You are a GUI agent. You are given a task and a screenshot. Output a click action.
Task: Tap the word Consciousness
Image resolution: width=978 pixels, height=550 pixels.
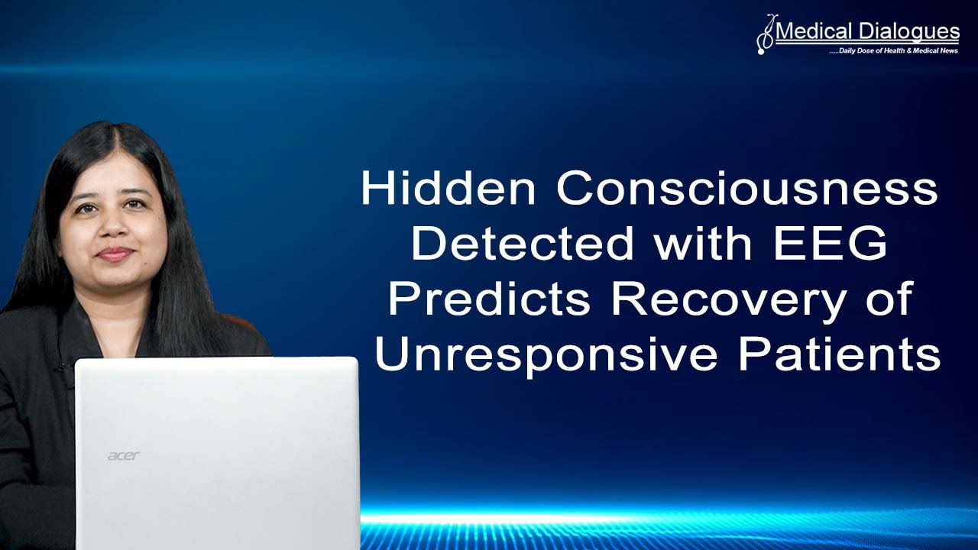point(746,189)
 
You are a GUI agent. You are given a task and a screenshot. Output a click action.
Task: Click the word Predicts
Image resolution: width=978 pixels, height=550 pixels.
point(489,299)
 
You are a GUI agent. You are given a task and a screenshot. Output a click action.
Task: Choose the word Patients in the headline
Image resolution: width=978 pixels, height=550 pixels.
point(839,355)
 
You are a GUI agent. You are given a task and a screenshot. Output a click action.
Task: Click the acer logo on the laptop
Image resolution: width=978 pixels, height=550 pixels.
point(123,456)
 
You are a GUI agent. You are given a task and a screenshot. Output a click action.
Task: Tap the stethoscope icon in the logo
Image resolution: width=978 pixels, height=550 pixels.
point(765,34)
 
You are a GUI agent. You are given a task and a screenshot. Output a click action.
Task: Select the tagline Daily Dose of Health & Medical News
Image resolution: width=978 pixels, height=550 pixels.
point(893,50)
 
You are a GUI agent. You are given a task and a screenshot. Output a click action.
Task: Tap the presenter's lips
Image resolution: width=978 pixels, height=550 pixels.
point(115,253)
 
